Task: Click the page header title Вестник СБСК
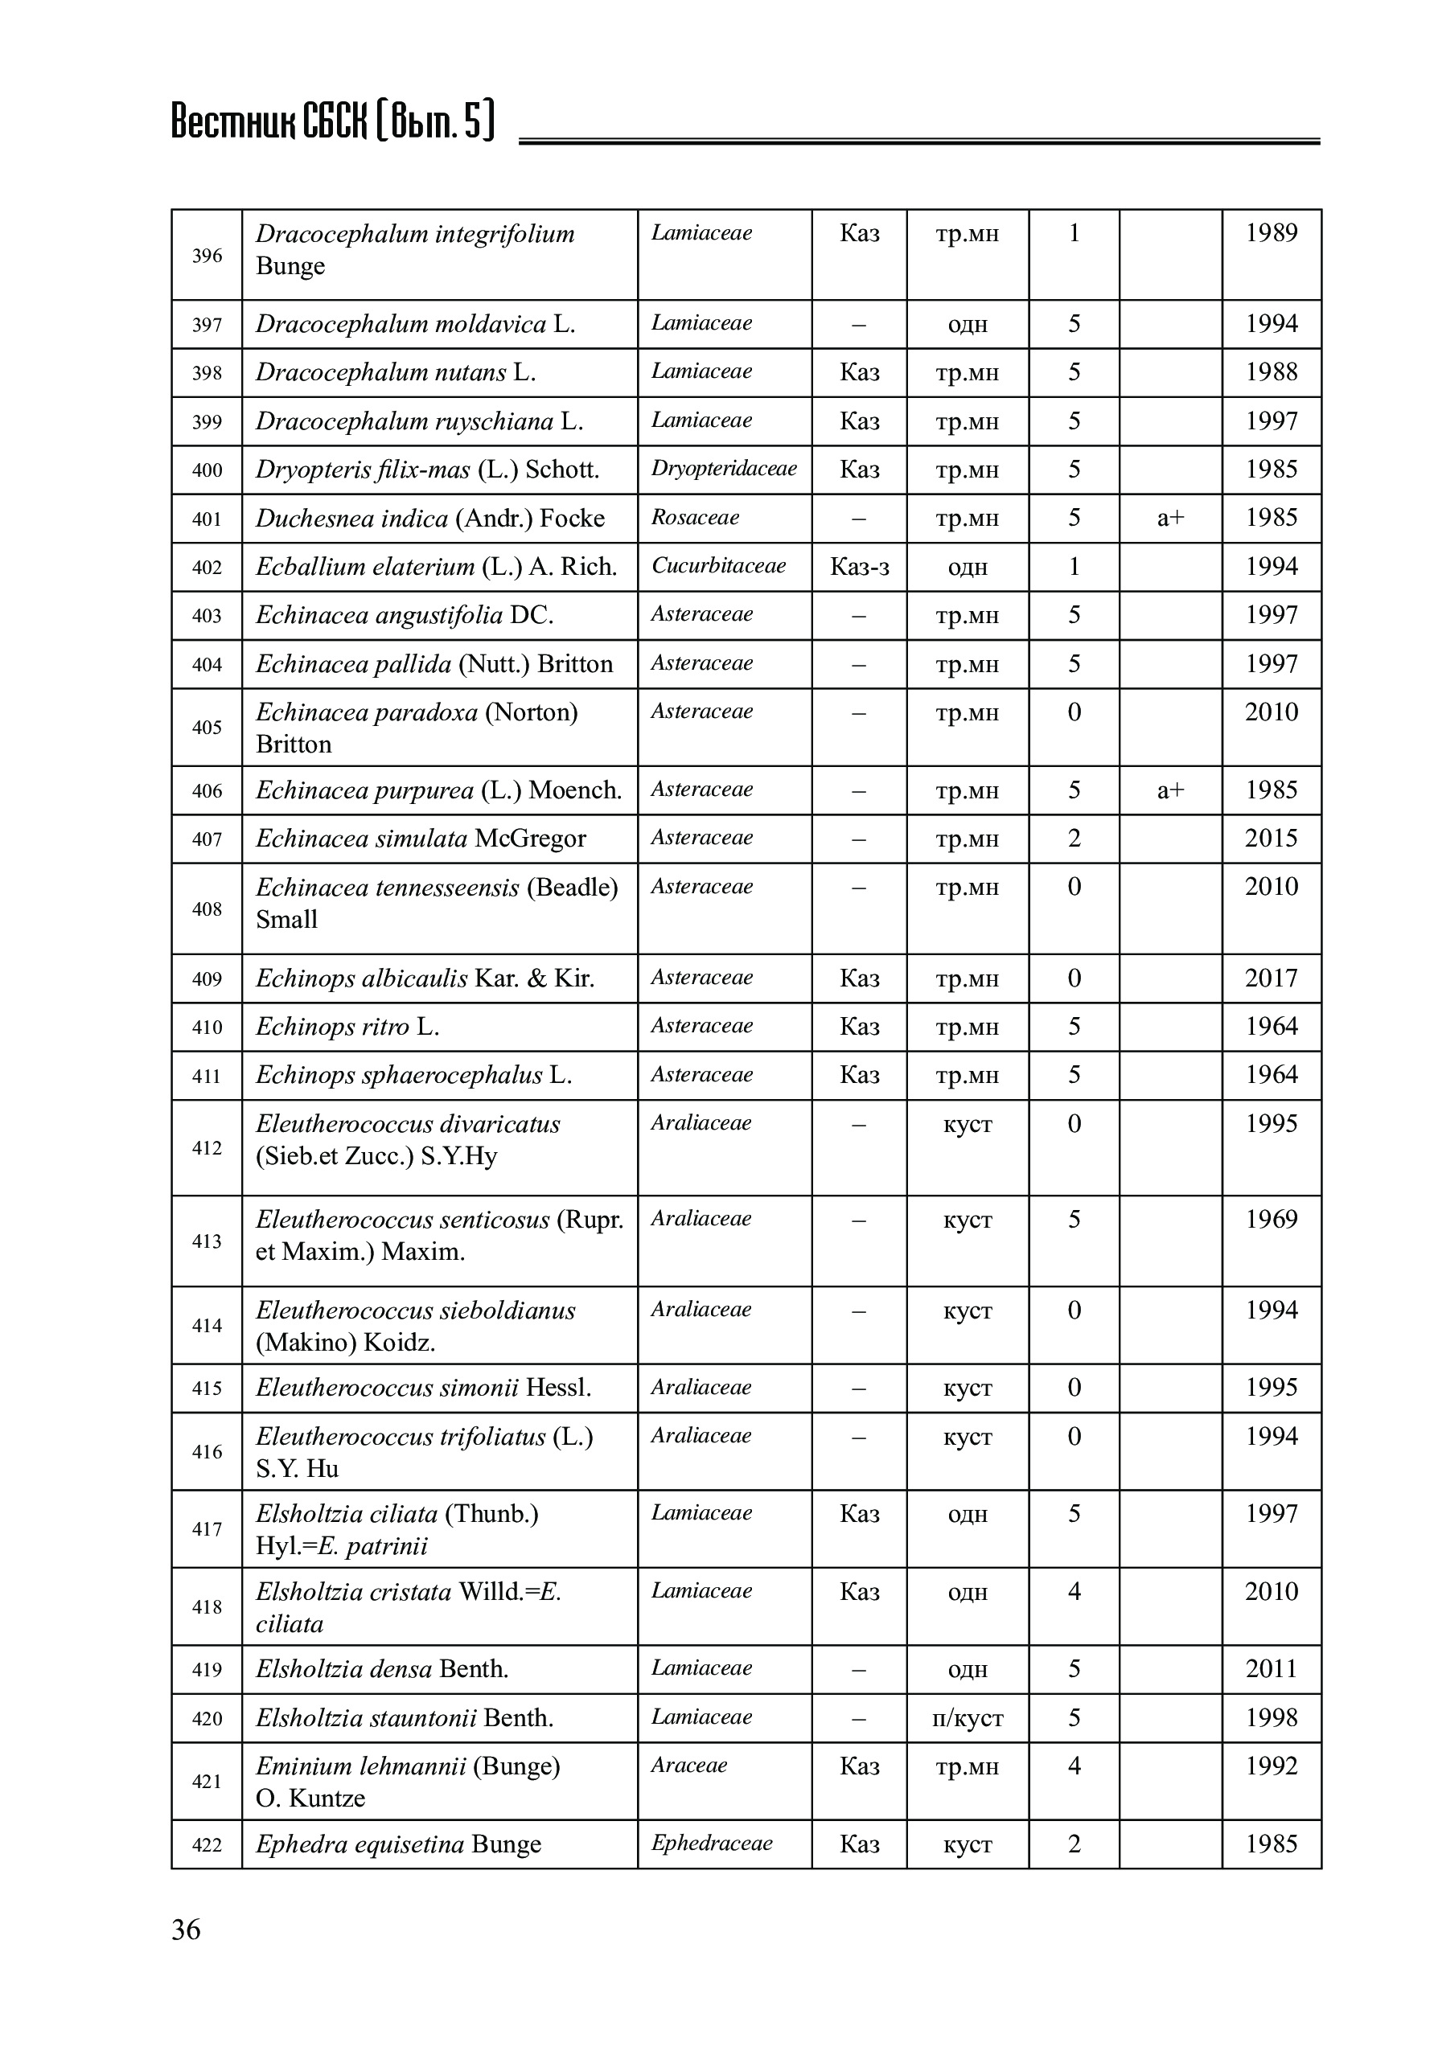point(331,121)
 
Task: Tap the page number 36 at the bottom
point(186,1930)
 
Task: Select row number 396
point(207,256)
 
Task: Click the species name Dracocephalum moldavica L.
point(416,324)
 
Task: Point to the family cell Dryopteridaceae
point(724,469)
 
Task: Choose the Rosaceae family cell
point(695,518)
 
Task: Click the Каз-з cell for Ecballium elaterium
point(859,568)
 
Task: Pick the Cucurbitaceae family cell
point(718,566)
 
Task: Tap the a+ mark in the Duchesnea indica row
point(1169,518)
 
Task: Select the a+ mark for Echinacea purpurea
point(1169,790)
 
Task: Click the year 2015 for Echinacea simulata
point(1271,839)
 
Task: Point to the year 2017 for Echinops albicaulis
point(1271,978)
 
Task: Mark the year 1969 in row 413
point(1271,1220)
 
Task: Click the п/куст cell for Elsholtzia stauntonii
point(967,1718)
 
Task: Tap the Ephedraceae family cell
point(711,1843)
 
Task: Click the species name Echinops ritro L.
point(347,1028)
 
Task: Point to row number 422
point(207,1844)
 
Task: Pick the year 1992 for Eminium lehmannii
point(1271,1766)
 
